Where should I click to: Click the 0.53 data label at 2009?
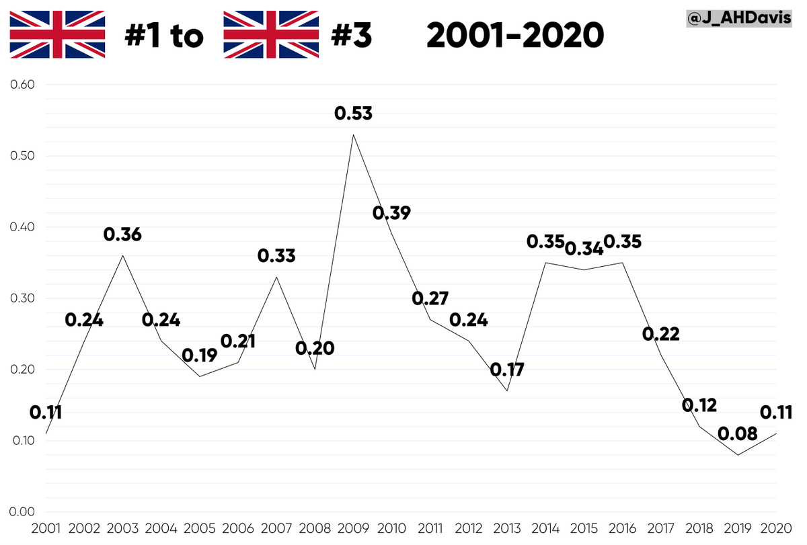tap(353, 114)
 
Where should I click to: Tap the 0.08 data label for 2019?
tap(737, 434)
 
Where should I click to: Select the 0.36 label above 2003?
tap(122, 235)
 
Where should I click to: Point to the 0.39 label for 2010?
tap(391, 213)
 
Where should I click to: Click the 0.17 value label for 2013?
tap(507, 370)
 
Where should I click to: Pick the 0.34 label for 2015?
tap(583, 248)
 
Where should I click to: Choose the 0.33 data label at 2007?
tap(276, 255)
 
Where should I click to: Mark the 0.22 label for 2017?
tap(660, 333)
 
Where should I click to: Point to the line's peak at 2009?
tap(353, 134)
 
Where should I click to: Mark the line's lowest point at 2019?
tap(738, 455)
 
